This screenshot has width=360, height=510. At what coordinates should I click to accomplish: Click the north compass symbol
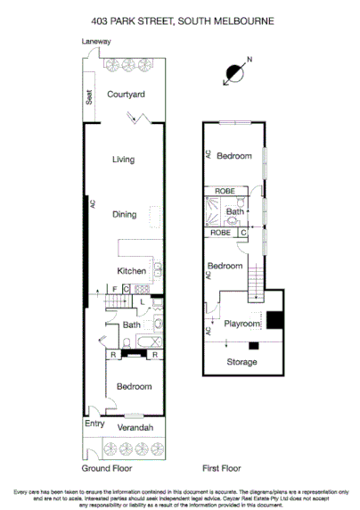pyautogui.click(x=235, y=73)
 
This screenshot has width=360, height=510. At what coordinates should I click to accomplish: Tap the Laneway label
pyautogui.click(x=96, y=42)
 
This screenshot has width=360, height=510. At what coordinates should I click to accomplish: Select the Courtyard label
pyautogui.click(x=126, y=94)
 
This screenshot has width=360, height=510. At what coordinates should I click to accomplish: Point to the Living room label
pyautogui.click(x=123, y=160)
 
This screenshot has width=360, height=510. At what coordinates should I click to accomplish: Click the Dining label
pyautogui.click(x=124, y=214)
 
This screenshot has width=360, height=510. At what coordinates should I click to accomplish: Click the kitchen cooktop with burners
pyautogui.click(x=157, y=270)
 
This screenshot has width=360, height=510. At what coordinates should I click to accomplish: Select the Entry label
pyautogui.click(x=94, y=424)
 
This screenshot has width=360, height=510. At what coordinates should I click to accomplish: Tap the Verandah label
pyautogui.click(x=130, y=429)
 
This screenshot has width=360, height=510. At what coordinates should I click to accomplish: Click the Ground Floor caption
pyautogui.click(x=108, y=467)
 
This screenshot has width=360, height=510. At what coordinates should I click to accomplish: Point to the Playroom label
pyautogui.click(x=241, y=324)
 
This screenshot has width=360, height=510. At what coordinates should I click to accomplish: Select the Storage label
pyautogui.click(x=241, y=362)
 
